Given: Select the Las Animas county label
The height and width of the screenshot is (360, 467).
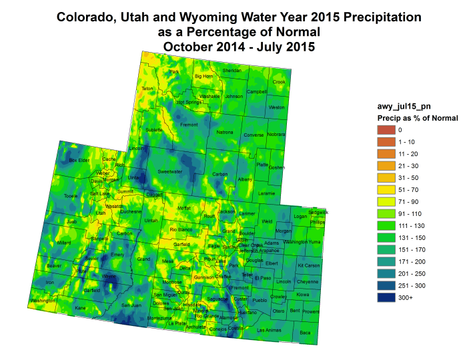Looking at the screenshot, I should [x=269, y=331].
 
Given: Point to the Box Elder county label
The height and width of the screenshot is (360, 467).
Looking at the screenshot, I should [x=79, y=160].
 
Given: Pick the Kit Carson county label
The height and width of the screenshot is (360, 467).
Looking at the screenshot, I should [x=308, y=265].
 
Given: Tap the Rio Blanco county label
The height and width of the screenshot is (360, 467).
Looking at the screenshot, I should [x=181, y=230].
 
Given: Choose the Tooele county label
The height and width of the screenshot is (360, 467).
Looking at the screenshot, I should [x=71, y=195].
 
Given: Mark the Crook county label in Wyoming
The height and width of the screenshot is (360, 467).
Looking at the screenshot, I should [x=279, y=82].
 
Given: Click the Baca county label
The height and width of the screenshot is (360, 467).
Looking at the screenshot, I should [x=306, y=332].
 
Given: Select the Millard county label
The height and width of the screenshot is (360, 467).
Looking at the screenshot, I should [x=64, y=243].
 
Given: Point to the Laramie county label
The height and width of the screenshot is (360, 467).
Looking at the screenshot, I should [x=266, y=193].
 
